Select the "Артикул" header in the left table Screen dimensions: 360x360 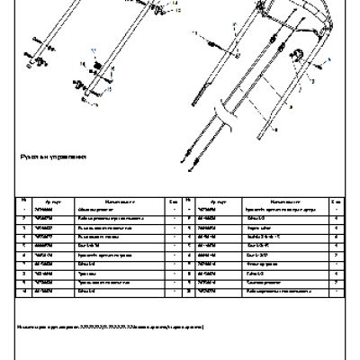(51, 201)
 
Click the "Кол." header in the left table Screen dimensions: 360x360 (173, 201)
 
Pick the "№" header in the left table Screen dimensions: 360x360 (22, 201)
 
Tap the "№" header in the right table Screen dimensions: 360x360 (185, 201)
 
